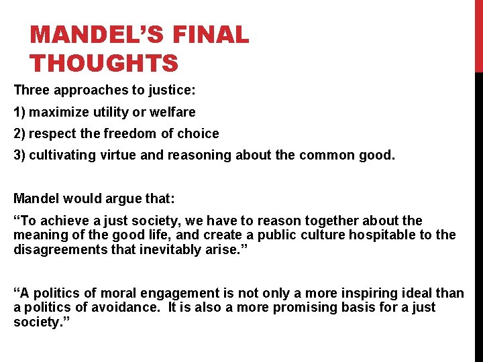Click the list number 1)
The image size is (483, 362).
pyautogui.click(x=19, y=112)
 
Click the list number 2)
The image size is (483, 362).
pyautogui.click(x=19, y=133)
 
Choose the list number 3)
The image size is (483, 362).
pyautogui.click(x=19, y=155)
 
